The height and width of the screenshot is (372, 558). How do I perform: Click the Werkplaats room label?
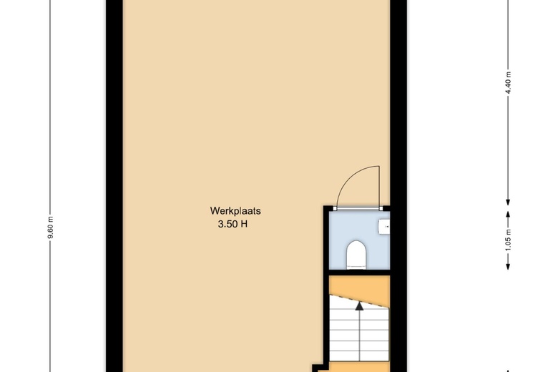235,211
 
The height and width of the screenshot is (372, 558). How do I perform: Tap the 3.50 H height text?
232,224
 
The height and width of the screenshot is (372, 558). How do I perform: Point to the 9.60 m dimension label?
50,227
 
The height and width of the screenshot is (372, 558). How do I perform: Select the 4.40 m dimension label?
508,82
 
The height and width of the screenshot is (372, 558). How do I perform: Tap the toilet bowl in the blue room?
356,254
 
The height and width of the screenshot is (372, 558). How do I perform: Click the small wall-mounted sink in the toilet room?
384,227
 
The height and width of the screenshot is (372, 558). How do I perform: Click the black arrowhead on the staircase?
359,305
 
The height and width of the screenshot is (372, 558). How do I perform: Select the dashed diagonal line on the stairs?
359,300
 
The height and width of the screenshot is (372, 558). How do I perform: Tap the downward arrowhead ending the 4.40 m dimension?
508,202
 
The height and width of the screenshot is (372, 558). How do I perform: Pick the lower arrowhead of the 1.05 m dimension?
508,266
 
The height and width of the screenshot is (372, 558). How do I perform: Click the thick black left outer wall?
114,186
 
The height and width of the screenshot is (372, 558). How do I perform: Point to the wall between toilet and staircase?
359,273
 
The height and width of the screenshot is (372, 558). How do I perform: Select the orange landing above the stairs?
359,287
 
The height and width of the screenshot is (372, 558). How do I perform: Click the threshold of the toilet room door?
358,209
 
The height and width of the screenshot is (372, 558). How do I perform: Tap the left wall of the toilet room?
326,240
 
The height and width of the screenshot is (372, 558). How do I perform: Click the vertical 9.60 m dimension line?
50,186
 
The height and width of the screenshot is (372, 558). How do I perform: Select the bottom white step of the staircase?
359,356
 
